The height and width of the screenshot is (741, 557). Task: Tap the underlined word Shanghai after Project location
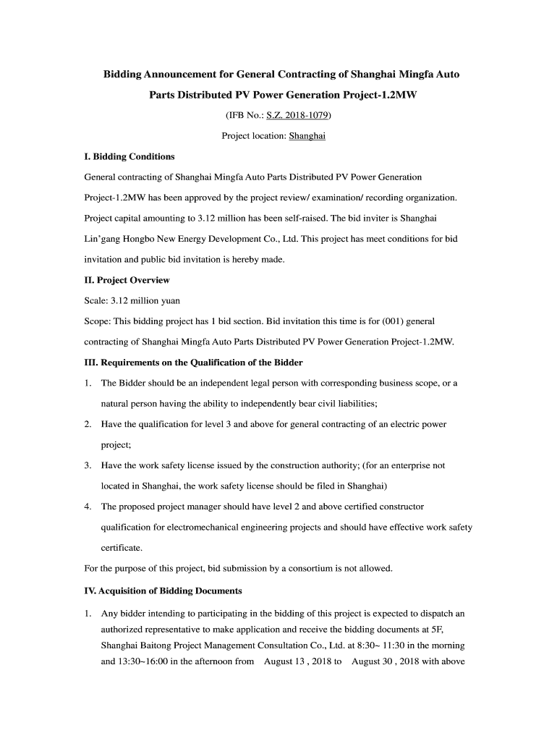coord(307,135)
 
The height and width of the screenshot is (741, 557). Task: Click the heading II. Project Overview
coord(127,279)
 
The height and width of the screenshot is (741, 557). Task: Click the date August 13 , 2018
coord(298,661)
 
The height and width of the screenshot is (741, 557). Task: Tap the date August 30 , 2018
coord(386,661)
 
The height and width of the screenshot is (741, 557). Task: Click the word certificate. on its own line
coord(122,548)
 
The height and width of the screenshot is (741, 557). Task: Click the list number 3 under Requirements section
coord(87,465)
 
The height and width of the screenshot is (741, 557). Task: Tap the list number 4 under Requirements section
coord(87,507)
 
